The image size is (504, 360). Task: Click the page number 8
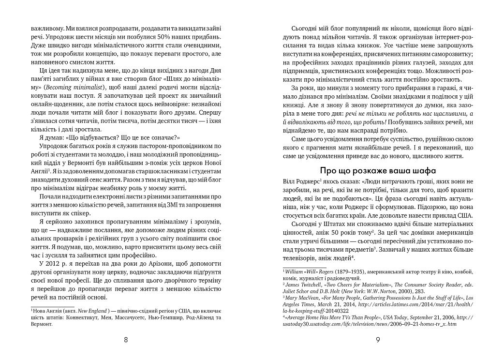pyautogui.click(x=126, y=339)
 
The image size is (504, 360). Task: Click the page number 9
pyautogui.click(x=377, y=339)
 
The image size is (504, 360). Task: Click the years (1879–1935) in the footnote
pyautogui.click(x=348, y=273)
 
